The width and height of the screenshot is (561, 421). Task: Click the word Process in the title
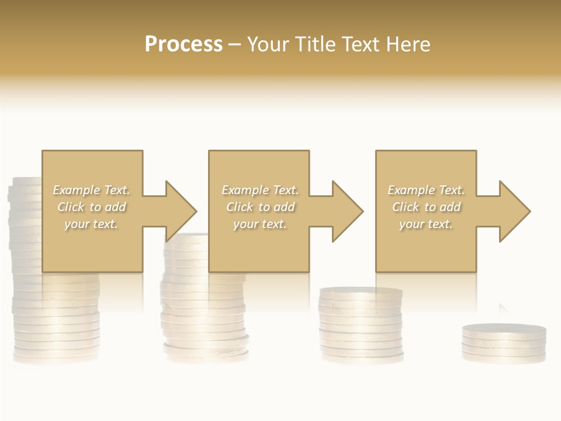(183, 44)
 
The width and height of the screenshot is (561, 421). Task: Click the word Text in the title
(361, 44)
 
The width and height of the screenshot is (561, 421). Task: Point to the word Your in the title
(269, 44)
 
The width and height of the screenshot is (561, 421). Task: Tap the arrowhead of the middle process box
(347, 211)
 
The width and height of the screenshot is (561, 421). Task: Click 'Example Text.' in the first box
(92, 190)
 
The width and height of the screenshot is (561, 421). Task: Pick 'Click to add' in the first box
(92, 207)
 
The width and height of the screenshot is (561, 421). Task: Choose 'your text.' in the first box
(92, 224)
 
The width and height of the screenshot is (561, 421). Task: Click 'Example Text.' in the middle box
(259, 190)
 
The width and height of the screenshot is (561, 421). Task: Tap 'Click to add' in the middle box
(259, 207)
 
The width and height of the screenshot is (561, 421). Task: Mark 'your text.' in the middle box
(259, 224)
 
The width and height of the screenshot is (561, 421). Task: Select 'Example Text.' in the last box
(426, 190)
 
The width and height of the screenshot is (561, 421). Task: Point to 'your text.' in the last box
(426, 224)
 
